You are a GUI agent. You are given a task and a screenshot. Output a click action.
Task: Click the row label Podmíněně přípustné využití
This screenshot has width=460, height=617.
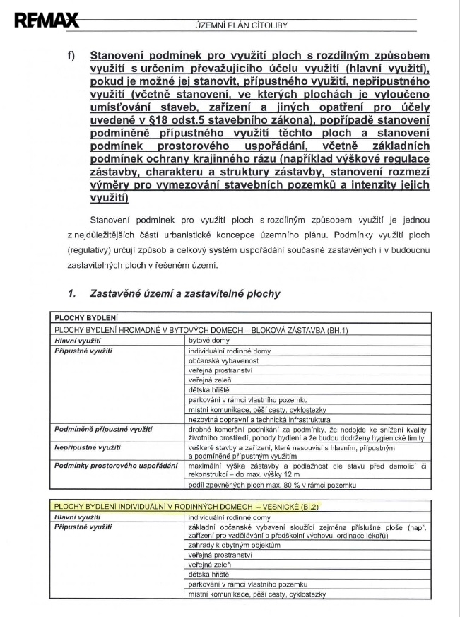click(104, 429)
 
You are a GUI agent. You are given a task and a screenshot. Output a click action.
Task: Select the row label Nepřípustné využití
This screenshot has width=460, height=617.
click(88, 448)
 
